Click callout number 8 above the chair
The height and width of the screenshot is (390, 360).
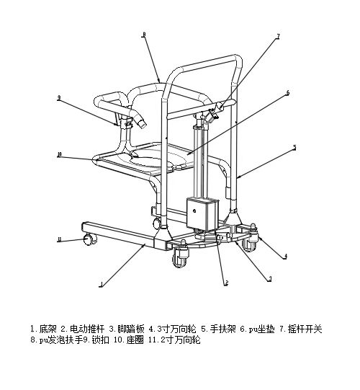[144, 34]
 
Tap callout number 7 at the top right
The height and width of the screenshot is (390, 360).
[278, 35]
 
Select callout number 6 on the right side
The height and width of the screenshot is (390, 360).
[287, 92]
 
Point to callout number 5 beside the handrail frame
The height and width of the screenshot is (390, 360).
[294, 147]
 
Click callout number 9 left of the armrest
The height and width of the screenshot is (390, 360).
[58, 97]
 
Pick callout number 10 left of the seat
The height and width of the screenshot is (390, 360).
[58, 154]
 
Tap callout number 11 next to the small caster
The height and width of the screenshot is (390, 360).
[59, 239]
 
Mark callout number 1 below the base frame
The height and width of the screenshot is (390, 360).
[102, 285]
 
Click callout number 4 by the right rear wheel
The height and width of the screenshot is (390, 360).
[286, 255]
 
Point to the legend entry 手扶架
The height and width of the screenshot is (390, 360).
[217, 329]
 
